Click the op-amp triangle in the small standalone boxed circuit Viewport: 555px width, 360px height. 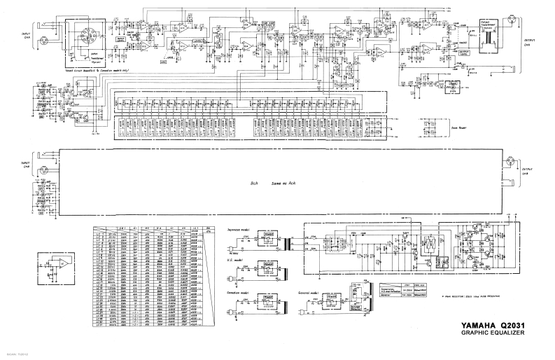tap(62, 263)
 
